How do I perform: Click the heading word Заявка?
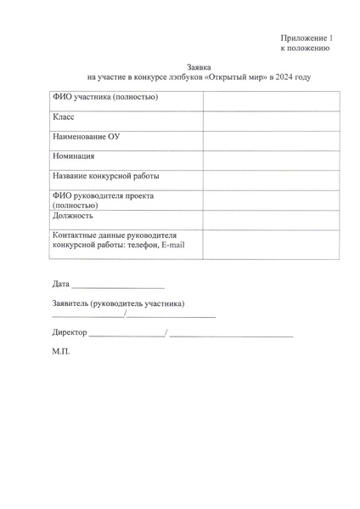pos(198,66)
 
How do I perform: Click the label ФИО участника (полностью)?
pos(105,97)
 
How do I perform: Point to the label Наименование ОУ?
pos(86,137)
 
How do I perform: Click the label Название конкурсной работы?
pos(106,176)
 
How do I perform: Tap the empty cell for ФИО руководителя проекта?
pos(272,200)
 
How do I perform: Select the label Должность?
pos(73,216)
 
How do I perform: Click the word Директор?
pos(70,331)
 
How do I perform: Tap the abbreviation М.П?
pos(61,350)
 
